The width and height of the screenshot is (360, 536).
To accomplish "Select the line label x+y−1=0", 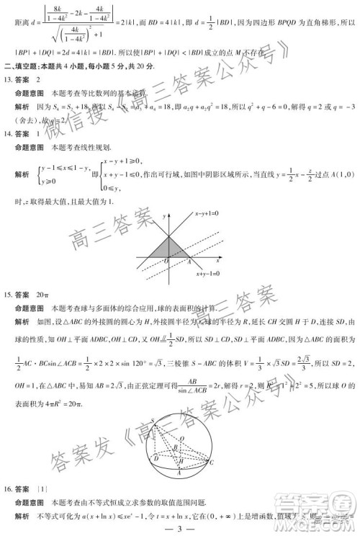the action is (210, 273).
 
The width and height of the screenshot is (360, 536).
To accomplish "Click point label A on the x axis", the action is (177, 260).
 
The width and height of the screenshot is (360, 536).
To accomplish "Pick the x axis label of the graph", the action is (219, 258).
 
